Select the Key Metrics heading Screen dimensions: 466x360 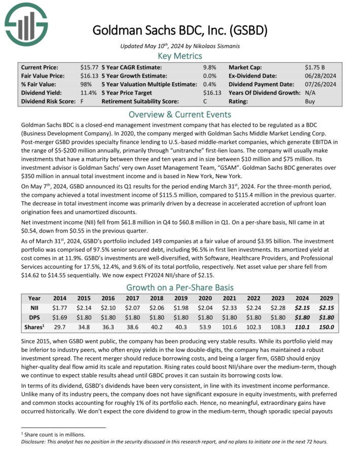click(x=180, y=56)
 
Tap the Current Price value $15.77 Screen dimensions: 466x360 click(x=89, y=67)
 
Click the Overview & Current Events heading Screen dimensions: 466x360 click(x=180, y=114)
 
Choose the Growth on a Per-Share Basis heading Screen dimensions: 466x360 click(x=180, y=287)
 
